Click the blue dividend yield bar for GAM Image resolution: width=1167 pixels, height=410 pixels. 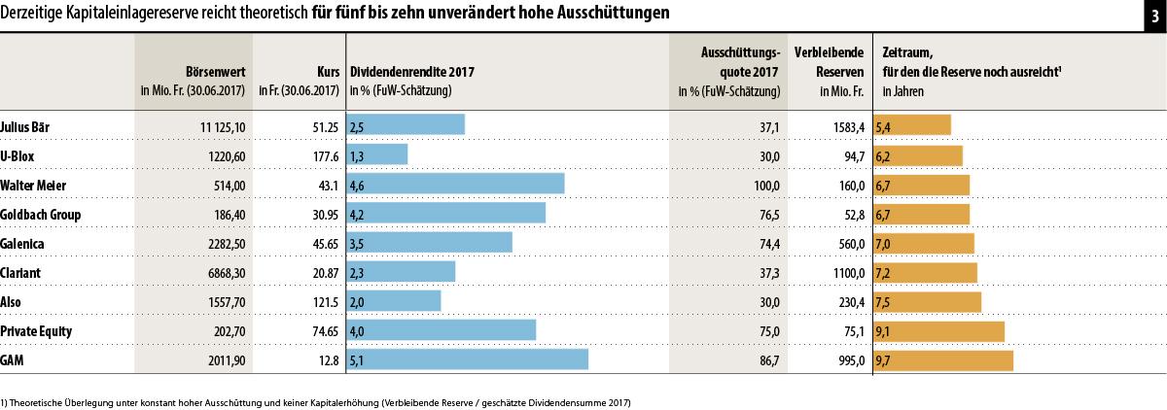click(x=467, y=360)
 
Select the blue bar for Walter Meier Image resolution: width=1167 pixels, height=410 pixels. click(x=455, y=184)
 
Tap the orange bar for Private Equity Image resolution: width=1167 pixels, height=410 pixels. click(x=939, y=331)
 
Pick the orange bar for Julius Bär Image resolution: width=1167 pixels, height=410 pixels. click(x=912, y=125)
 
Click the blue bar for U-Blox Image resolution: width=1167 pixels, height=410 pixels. click(x=376, y=154)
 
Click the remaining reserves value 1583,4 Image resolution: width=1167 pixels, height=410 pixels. click(x=843, y=126)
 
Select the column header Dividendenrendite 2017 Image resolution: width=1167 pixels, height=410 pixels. click(x=412, y=71)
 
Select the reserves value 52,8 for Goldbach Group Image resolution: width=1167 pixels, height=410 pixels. click(x=849, y=214)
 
